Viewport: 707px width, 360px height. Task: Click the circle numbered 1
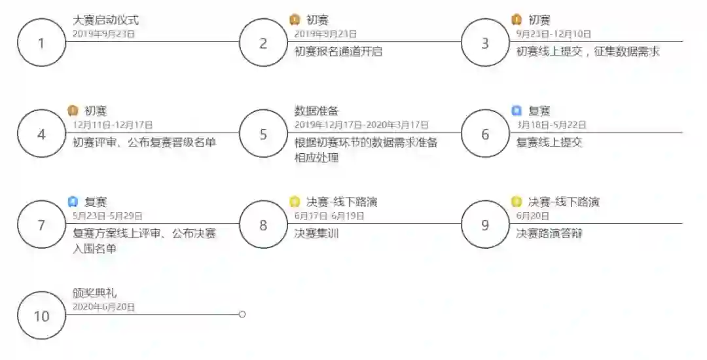41,43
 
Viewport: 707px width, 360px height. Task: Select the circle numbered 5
263,134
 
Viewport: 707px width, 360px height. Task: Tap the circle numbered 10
41,316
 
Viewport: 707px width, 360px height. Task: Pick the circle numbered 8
263,225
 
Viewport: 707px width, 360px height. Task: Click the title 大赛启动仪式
105,20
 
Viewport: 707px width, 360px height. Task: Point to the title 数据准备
317,111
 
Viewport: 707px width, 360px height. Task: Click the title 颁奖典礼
95,293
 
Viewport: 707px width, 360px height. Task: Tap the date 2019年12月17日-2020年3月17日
361,124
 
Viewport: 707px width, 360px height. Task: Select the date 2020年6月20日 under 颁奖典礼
103,306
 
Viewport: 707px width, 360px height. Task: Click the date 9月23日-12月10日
553,33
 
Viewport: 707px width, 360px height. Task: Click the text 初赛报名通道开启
338,51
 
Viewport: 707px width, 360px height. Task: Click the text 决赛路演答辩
549,233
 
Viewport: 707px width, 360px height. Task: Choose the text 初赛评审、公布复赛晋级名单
144,142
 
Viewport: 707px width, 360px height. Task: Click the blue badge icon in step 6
517,111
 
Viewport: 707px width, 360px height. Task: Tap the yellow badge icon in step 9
517,202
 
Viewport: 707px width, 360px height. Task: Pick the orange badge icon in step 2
295,20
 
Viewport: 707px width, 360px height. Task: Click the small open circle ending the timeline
242,315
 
